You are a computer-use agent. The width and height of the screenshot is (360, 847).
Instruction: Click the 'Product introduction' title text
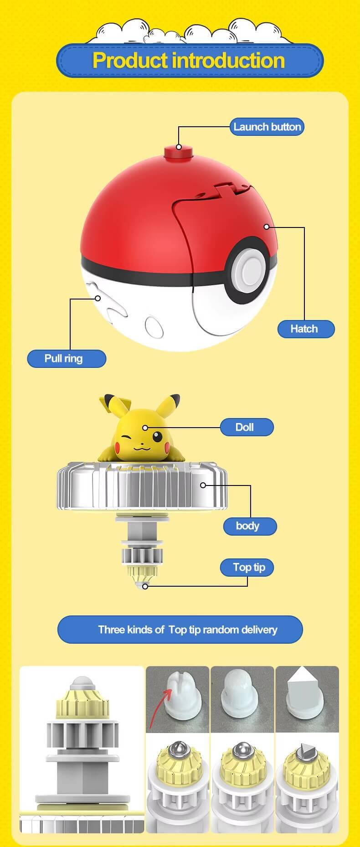[x=189, y=61]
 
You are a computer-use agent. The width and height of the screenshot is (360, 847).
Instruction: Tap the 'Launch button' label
[x=267, y=127]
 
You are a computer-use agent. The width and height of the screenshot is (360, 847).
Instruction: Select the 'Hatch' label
[x=306, y=329]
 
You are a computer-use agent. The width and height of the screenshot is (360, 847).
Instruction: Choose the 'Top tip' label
[x=249, y=567]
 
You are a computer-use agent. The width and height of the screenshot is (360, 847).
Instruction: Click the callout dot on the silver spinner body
[x=203, y=485]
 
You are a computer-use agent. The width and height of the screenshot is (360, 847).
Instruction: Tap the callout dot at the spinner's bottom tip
[x=145, y=586]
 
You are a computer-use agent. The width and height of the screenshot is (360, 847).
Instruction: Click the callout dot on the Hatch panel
[x=267, y=227]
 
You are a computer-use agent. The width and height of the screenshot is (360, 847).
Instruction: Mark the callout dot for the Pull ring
[x=98, y=298]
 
